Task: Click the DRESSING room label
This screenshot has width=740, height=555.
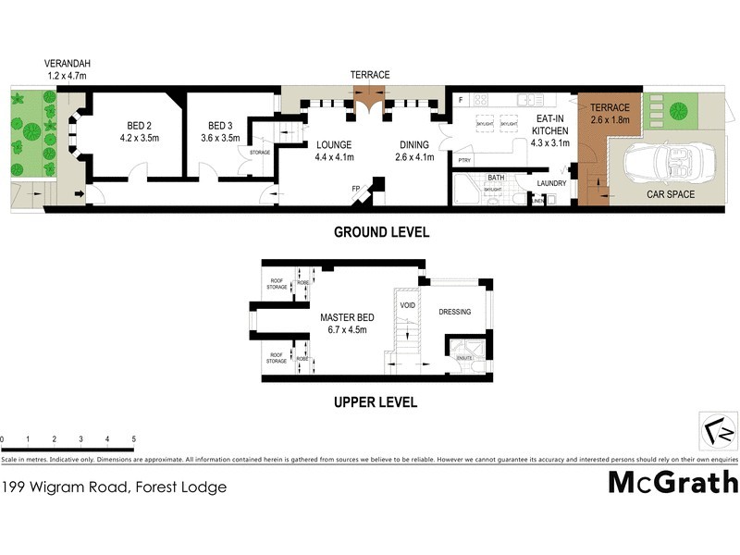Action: pos(455,312)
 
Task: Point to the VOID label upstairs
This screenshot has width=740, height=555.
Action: pos(407,305)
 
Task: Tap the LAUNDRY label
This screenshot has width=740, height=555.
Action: pos(551,182)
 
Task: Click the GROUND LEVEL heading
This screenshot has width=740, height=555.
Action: pos(381,232)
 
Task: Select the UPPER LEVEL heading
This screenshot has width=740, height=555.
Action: pos(376,402)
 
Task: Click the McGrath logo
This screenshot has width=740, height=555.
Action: pos(672,482)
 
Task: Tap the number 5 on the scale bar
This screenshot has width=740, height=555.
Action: pos(134,438)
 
